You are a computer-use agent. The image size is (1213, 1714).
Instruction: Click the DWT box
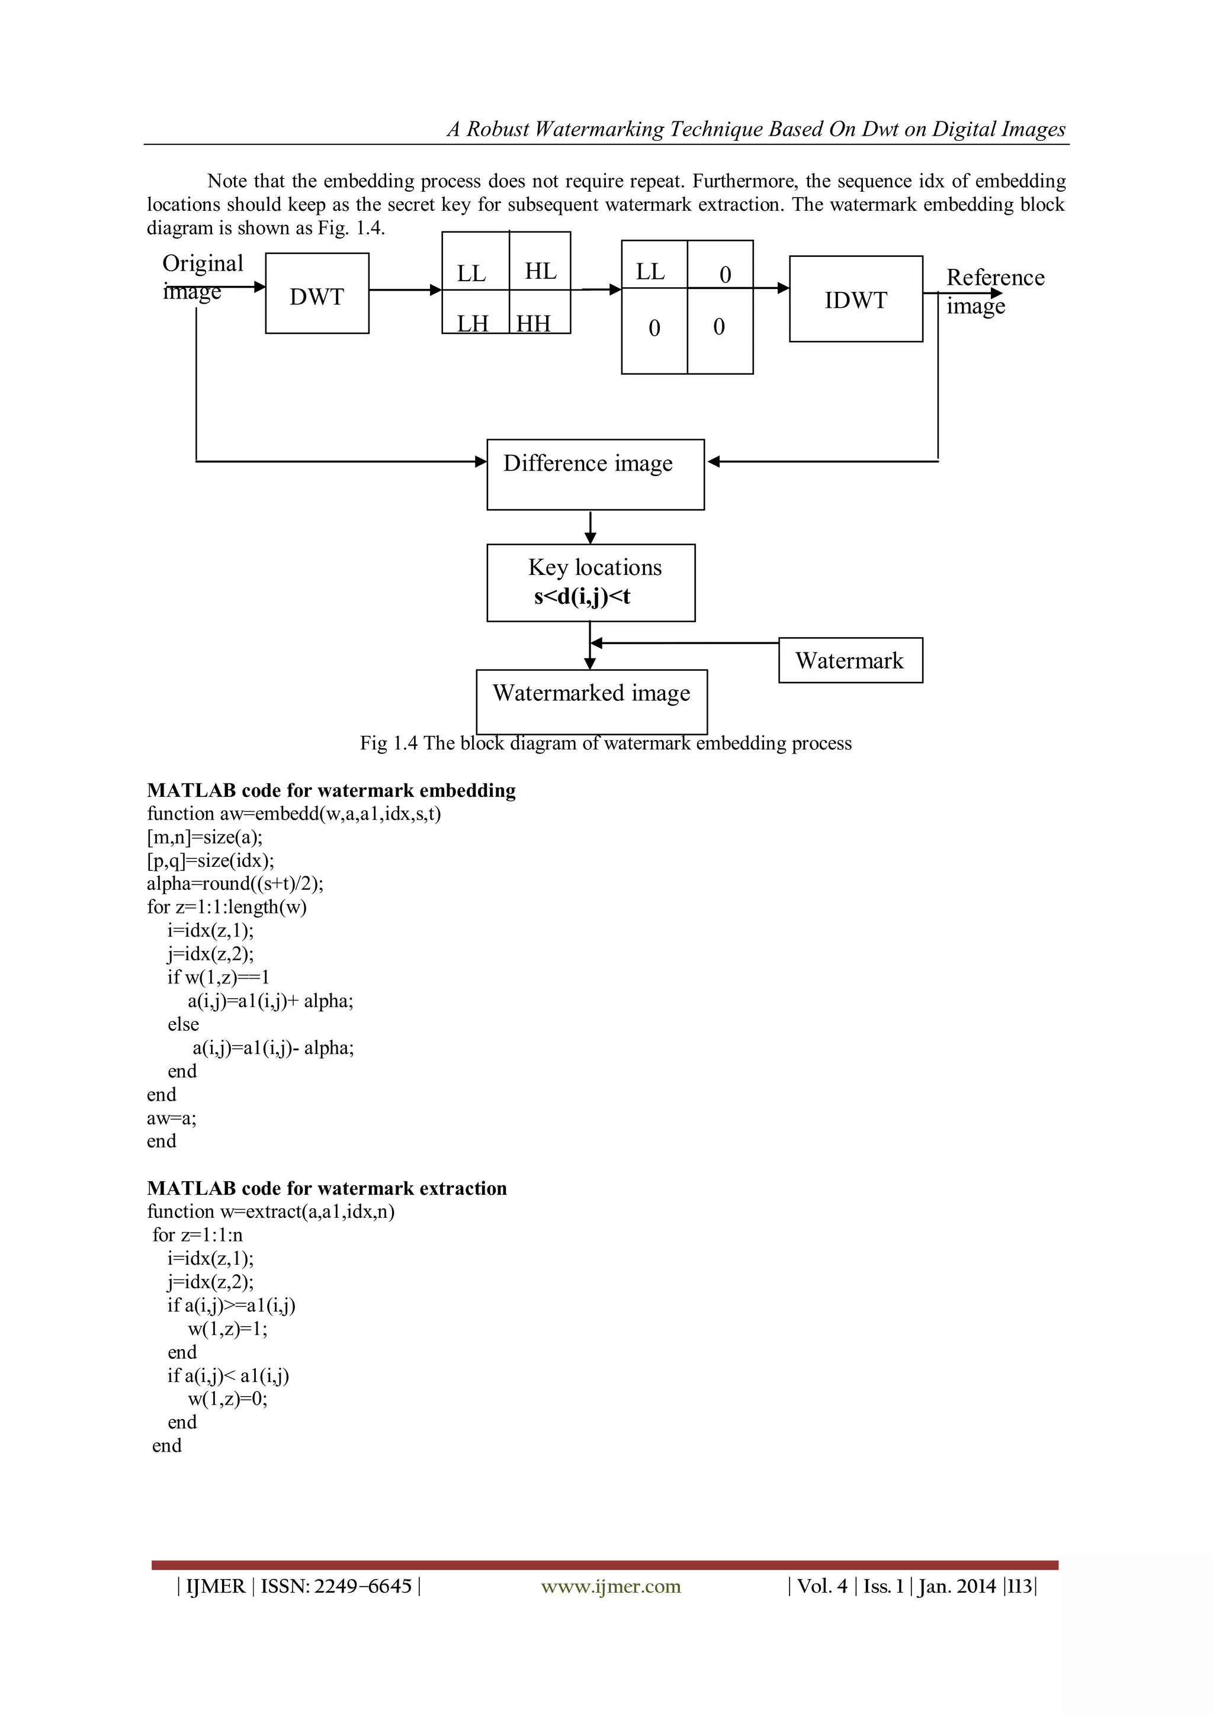pos(317,294)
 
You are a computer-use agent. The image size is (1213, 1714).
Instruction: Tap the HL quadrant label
pos(540,271)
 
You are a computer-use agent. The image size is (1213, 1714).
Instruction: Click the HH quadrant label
pos(533,323)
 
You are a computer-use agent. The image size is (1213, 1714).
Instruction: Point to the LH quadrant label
pos(473,323)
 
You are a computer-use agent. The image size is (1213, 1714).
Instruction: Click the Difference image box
pos(595,475)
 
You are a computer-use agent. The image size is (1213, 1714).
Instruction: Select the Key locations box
pos(591,582)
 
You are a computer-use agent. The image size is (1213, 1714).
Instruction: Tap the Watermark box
pos(850,660)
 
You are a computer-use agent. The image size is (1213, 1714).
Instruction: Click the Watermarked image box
pos(591,701)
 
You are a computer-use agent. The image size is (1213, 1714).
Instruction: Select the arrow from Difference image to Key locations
pos(591,527)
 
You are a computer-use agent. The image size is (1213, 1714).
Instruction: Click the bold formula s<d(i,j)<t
pos(582,596)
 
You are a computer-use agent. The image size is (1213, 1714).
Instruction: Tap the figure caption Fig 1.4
pos(605,743)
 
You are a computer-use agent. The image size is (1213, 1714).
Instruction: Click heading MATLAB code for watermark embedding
pos(331,790)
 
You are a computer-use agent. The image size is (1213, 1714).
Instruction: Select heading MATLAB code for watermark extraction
pos(326,1188)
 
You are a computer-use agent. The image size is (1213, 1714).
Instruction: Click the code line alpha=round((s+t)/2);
pos(235,883)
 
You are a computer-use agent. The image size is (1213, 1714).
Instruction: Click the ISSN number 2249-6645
pos(362,1586)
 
